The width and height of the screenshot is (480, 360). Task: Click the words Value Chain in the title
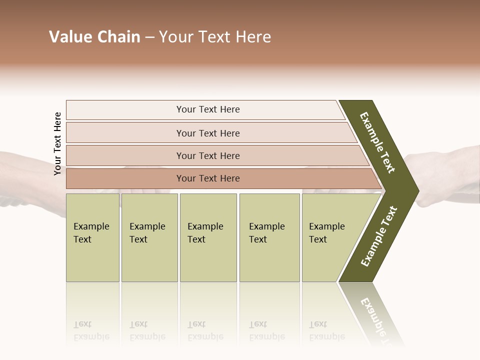[x=94, y=37]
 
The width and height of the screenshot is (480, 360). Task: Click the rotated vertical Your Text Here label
[x=57, y=143]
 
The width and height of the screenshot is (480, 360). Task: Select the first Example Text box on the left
[x=92, y=237]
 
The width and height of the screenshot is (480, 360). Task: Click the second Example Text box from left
[x=149, y=237]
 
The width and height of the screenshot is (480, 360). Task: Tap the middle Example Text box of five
[x=208, y=237]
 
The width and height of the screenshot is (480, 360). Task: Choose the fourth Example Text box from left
[x=269, y=237]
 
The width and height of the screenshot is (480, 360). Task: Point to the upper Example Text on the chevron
[x=377, y=142]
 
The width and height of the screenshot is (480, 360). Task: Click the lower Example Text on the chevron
[x=379, y=236]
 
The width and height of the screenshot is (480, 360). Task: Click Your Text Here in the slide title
[x=215, y=37]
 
